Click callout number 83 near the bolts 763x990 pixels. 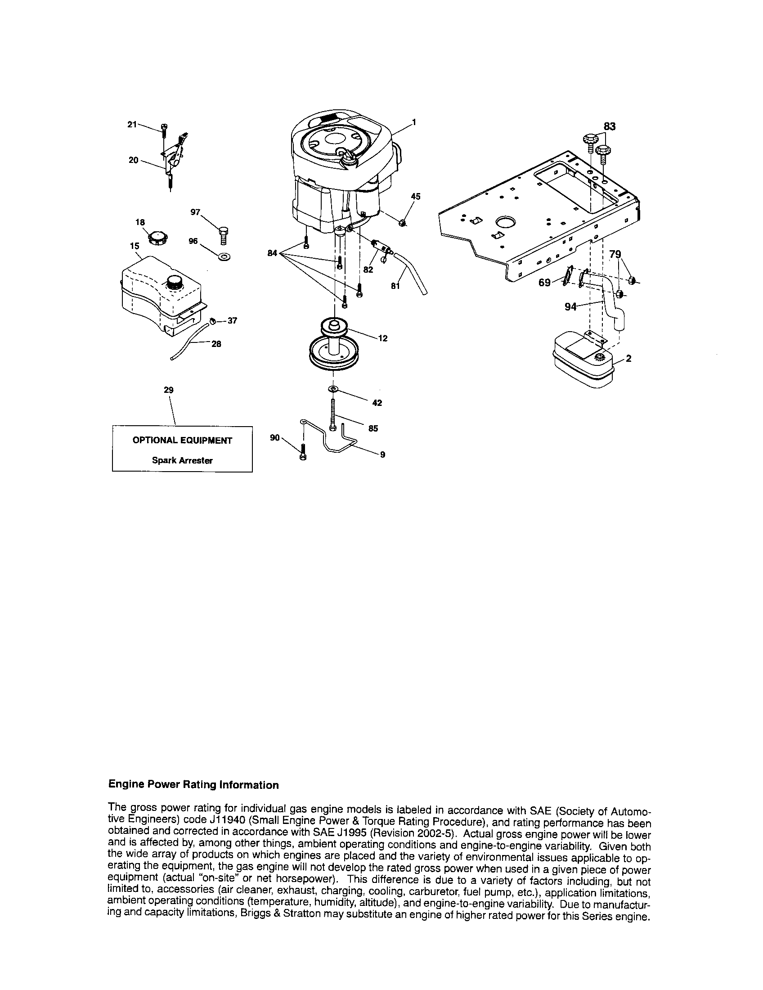(610, 127)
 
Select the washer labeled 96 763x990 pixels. (224, 257)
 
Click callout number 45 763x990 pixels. (415, 197)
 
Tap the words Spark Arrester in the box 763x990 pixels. (182, 460)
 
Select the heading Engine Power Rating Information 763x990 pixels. (193, 785)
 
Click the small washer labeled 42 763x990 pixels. (333, 389)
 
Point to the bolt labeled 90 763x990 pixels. (303, 453)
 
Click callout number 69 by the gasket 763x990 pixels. (544, 283)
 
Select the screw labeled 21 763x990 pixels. (165, 128)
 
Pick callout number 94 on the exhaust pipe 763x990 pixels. (570, 307)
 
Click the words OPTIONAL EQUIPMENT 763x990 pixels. (182, 441)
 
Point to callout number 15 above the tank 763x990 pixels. (135, 246)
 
